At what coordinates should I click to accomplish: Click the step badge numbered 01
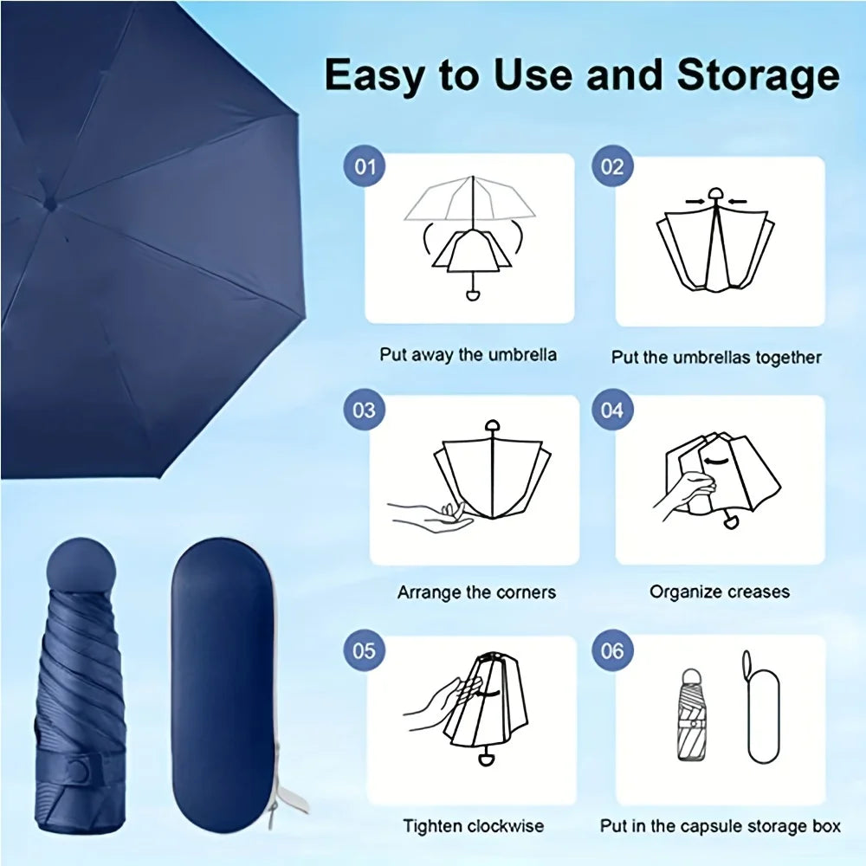coord(366,165)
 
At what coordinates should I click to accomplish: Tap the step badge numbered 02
coord(612,165)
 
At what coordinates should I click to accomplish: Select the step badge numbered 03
coord(364,409)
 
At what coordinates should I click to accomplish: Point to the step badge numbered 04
coord(612,409)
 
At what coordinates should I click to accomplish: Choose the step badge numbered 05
coord(364,650)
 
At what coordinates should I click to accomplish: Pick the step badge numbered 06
coord(612,650)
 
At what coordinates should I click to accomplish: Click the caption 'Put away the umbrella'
coord(468,355)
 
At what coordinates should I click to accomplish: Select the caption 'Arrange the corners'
coord(476,593)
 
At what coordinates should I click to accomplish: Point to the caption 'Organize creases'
coord(720,592)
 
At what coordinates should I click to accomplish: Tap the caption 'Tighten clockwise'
coord(473,826)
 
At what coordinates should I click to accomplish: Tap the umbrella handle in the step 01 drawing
coord(472,294)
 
